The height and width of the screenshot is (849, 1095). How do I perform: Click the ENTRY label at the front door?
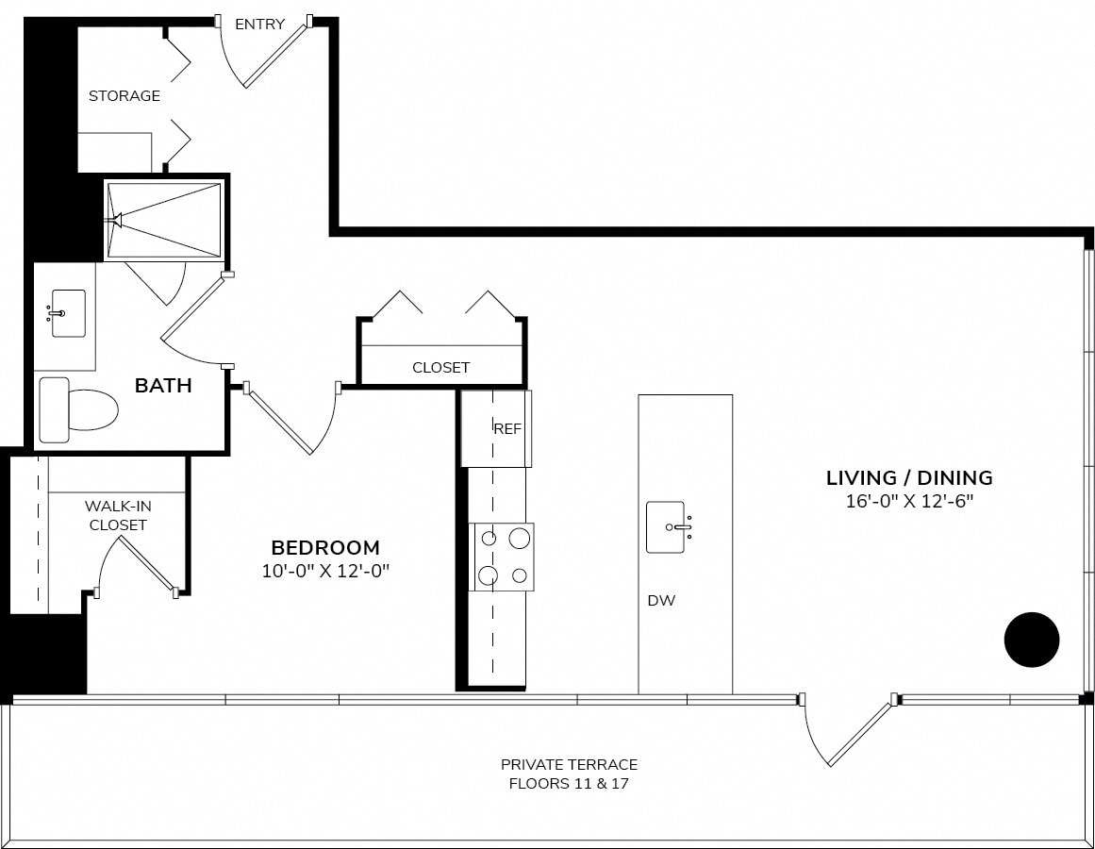point(259,25)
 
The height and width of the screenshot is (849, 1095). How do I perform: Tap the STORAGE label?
point(124,95)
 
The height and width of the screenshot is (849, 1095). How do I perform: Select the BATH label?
point(163,386)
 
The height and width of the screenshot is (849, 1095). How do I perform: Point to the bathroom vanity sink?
point(69,313)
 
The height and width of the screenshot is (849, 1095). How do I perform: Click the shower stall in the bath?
point(163,220)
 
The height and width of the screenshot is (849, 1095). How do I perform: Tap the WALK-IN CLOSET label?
point(118,515)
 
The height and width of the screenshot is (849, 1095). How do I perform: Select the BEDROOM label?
point(325,547)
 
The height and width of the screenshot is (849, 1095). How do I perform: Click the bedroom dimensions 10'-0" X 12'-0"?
point(325,571)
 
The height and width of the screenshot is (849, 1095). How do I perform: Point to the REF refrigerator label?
point(507,428)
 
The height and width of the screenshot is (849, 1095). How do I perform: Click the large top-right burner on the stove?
point(519,539)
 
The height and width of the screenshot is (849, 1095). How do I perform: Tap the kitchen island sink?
point(665,527)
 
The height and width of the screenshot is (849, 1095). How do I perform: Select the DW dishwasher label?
point(661,601)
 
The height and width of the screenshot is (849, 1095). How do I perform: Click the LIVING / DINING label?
point(909,478)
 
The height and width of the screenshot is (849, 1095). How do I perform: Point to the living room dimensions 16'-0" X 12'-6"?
point(909,501)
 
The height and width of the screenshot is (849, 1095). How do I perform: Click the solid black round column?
point(1032,640)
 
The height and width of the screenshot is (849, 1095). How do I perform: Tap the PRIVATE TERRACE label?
point(569,764)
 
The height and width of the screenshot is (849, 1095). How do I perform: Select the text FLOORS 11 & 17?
point(569,783)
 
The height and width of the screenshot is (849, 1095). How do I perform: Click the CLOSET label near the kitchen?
point(440,367)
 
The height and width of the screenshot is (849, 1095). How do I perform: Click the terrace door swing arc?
point(812,739)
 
